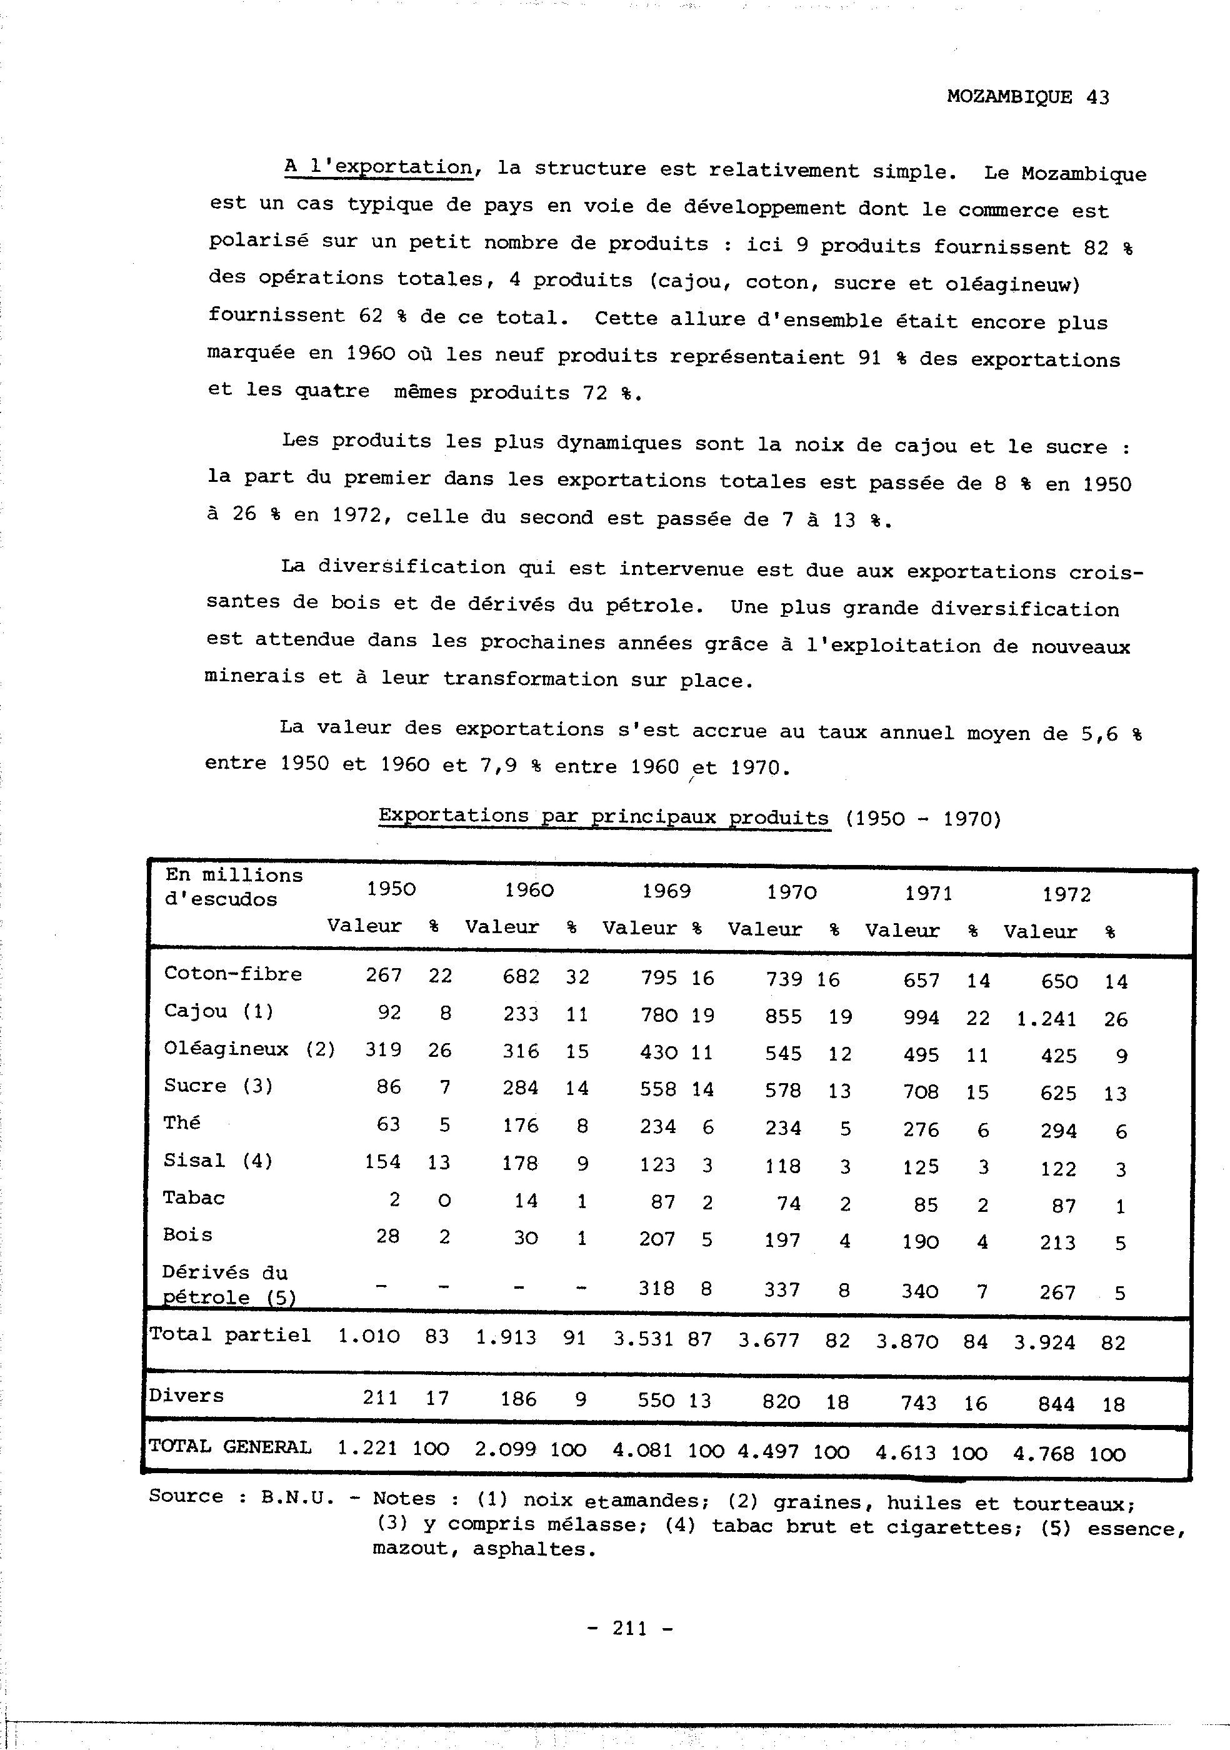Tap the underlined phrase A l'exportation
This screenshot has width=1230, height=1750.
click(379, 166)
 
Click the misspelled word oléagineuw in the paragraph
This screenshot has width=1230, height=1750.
click(1012, 284)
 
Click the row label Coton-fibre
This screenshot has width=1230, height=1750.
click(232, 974)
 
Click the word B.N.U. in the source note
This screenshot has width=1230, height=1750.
click(297, 1496)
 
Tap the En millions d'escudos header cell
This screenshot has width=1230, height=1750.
click(233, 886)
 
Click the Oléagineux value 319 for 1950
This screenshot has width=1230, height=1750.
click(382, 1049)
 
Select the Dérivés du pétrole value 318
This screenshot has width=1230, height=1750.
click(656, 1288)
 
